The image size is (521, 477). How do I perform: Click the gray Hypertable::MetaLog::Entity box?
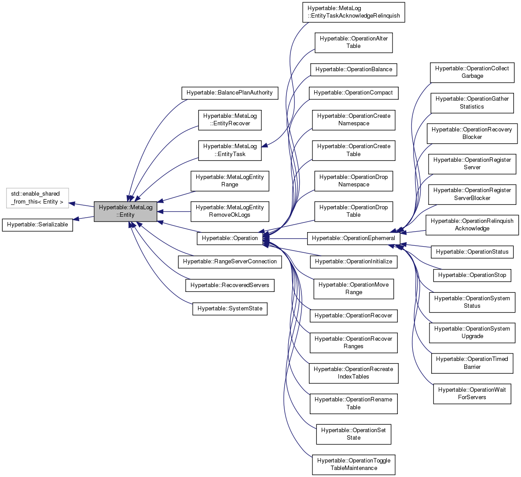click(125, 211)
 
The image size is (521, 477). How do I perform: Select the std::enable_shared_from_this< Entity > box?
click(37, 198)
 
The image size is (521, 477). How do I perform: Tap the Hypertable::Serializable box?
click(37, 225)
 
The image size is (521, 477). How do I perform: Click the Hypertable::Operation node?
click(230, 238)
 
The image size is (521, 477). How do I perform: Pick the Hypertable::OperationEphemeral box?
click(353, 238)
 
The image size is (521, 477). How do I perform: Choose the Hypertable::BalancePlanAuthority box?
click(230, 93)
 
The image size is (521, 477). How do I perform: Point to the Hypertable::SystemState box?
click(230, 309)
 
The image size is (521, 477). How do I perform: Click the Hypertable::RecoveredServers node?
click(230, 285)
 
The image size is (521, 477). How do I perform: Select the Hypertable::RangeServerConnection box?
click(230, 262)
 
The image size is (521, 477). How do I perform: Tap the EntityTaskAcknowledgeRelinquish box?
click(353, 12)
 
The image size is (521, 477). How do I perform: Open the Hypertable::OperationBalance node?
click(353, 69)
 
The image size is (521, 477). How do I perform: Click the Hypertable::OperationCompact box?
click(353, 93)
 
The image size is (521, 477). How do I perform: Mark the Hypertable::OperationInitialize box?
click(353, 262)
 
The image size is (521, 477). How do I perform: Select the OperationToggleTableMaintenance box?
click(353, 464)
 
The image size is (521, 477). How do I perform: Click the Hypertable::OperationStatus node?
click(472, 252)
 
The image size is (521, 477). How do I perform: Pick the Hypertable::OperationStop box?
click(472, 275)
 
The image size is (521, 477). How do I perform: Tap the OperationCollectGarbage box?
click(472, 72)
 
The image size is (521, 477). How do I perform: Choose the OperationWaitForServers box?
click(472, 393)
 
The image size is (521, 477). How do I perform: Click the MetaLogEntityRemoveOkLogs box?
click(230, 211)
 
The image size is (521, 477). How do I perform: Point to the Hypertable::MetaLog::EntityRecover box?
click(230, 120)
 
